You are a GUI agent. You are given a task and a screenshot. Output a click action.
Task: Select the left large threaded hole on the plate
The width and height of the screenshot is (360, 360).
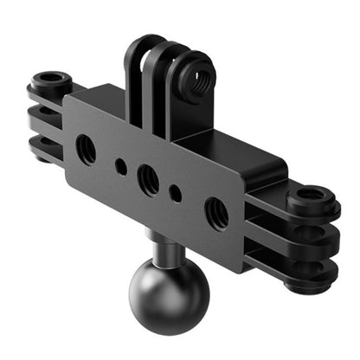pyautogui.click(x=87, y=150)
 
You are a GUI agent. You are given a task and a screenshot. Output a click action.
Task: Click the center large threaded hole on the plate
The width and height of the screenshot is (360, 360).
pyautogui.click(x=148, y=180)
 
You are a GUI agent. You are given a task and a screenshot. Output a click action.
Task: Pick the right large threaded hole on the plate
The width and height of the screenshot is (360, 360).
pyautogui.click(x=215, y=213)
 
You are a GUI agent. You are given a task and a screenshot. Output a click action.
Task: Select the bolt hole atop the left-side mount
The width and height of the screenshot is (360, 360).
pyautogui.click(x=51, y=80)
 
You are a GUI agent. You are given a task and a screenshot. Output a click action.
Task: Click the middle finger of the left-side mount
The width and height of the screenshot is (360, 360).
pyautogui.click(x=48, y=118)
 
